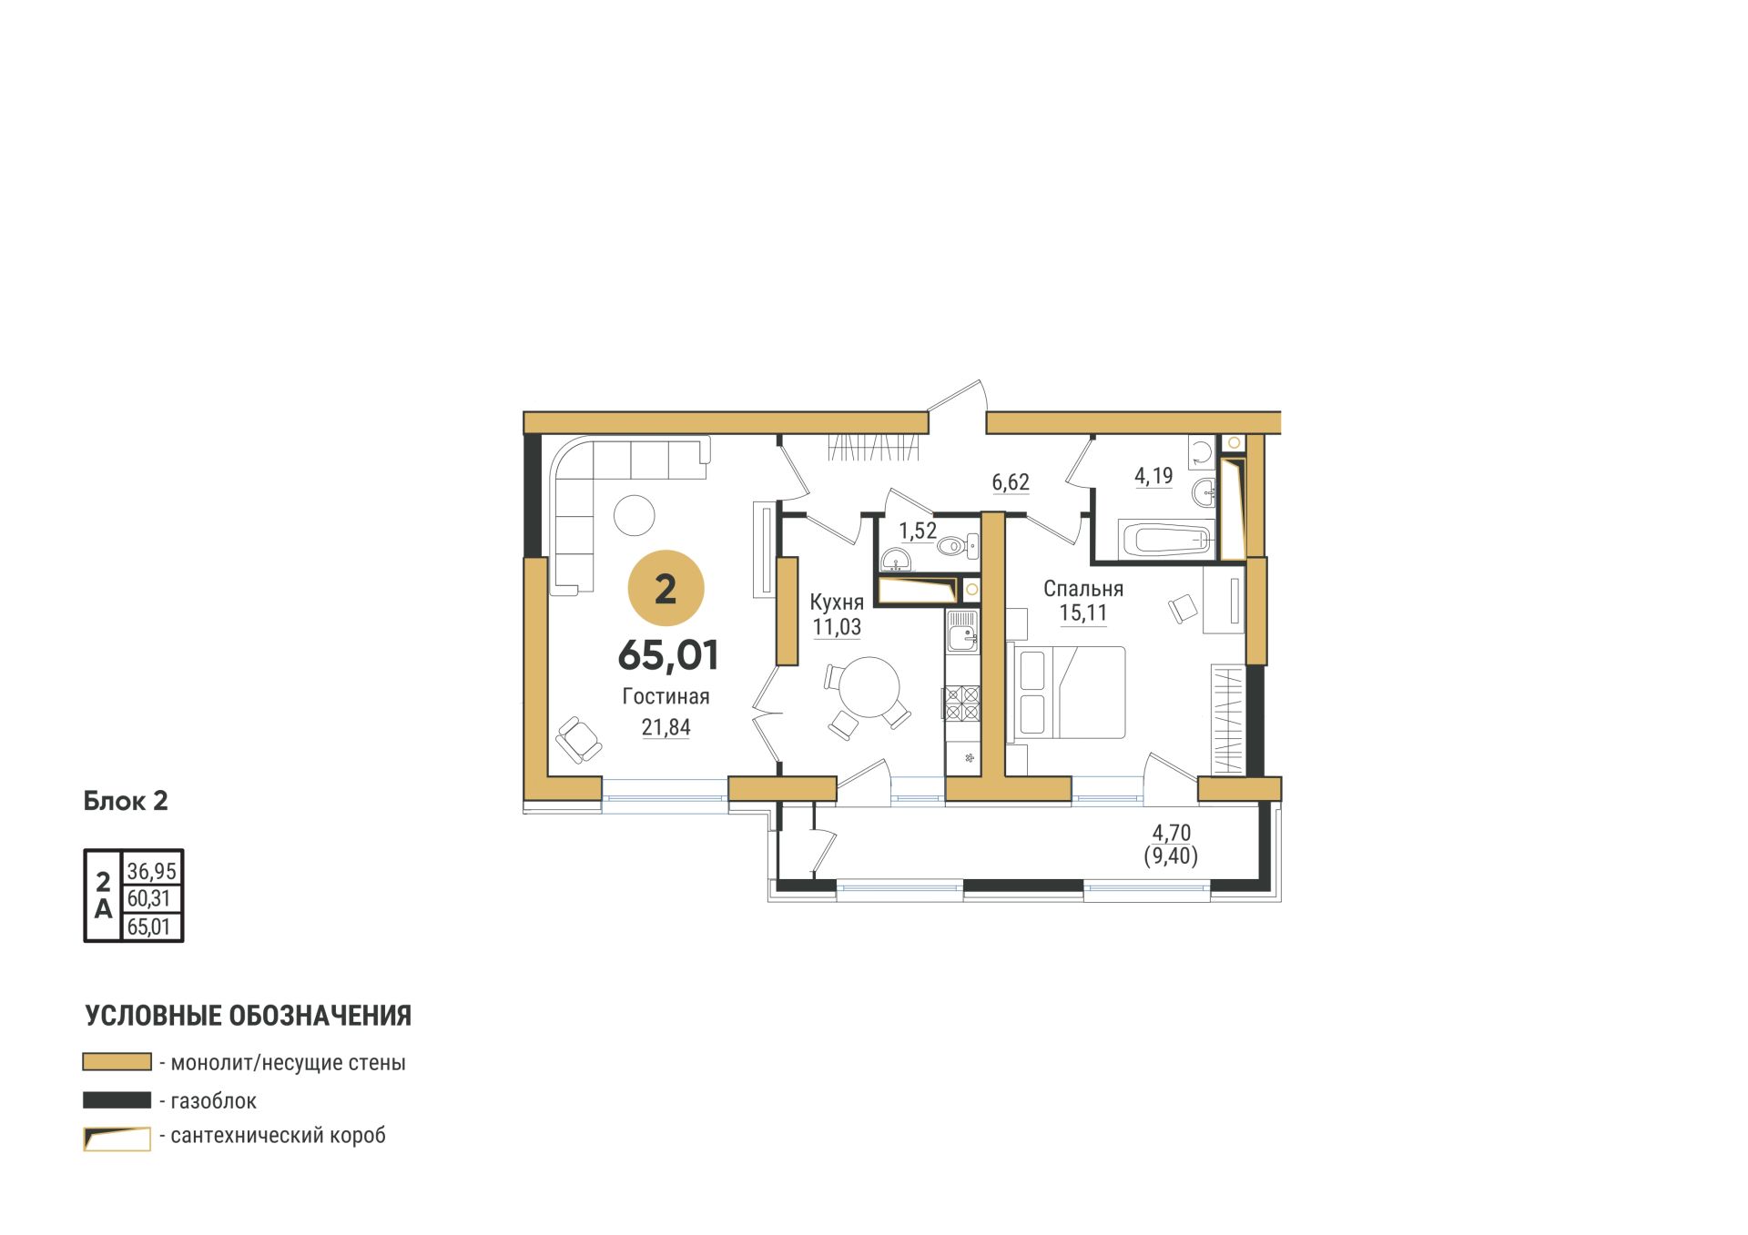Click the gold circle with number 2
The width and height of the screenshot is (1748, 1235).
coord(666,588)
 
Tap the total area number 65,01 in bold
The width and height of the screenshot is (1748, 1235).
coord(668,655)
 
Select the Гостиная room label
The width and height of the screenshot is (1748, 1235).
coord(666,696)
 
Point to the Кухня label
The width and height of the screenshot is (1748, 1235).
coord(837,602)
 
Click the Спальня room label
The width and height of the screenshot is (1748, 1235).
coord(1083,588)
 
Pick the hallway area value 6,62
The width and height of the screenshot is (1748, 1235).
coord(1011,481)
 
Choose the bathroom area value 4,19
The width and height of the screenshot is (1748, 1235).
coord(1153,475)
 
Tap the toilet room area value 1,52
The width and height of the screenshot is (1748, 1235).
coord(918,531)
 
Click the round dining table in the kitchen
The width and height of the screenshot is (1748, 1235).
coord(869,688)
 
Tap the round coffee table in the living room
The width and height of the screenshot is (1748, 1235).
coord(635,515)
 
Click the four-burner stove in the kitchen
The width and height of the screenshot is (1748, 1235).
coord(961,703)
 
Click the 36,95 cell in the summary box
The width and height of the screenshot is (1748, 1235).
coord(152,871)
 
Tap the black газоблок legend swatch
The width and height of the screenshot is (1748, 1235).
coord(117,1100)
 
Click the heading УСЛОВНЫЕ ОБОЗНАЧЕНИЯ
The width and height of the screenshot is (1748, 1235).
coord(249,1016)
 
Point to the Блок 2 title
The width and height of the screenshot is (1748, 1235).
coord(126,801)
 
